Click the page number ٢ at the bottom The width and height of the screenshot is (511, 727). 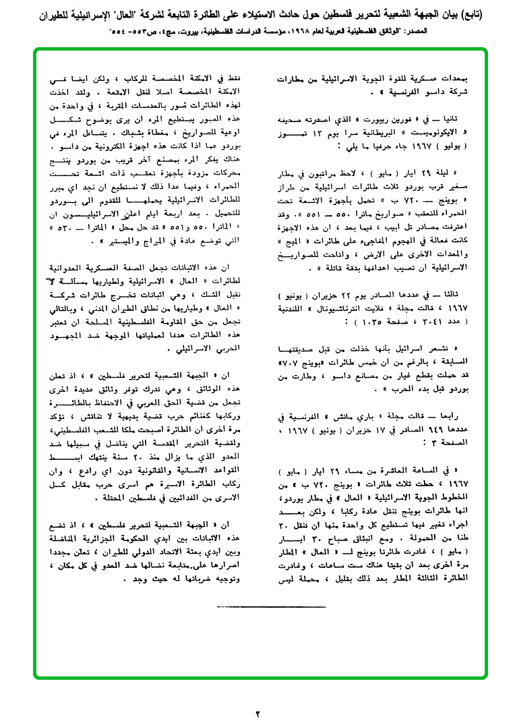pos(257,713)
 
